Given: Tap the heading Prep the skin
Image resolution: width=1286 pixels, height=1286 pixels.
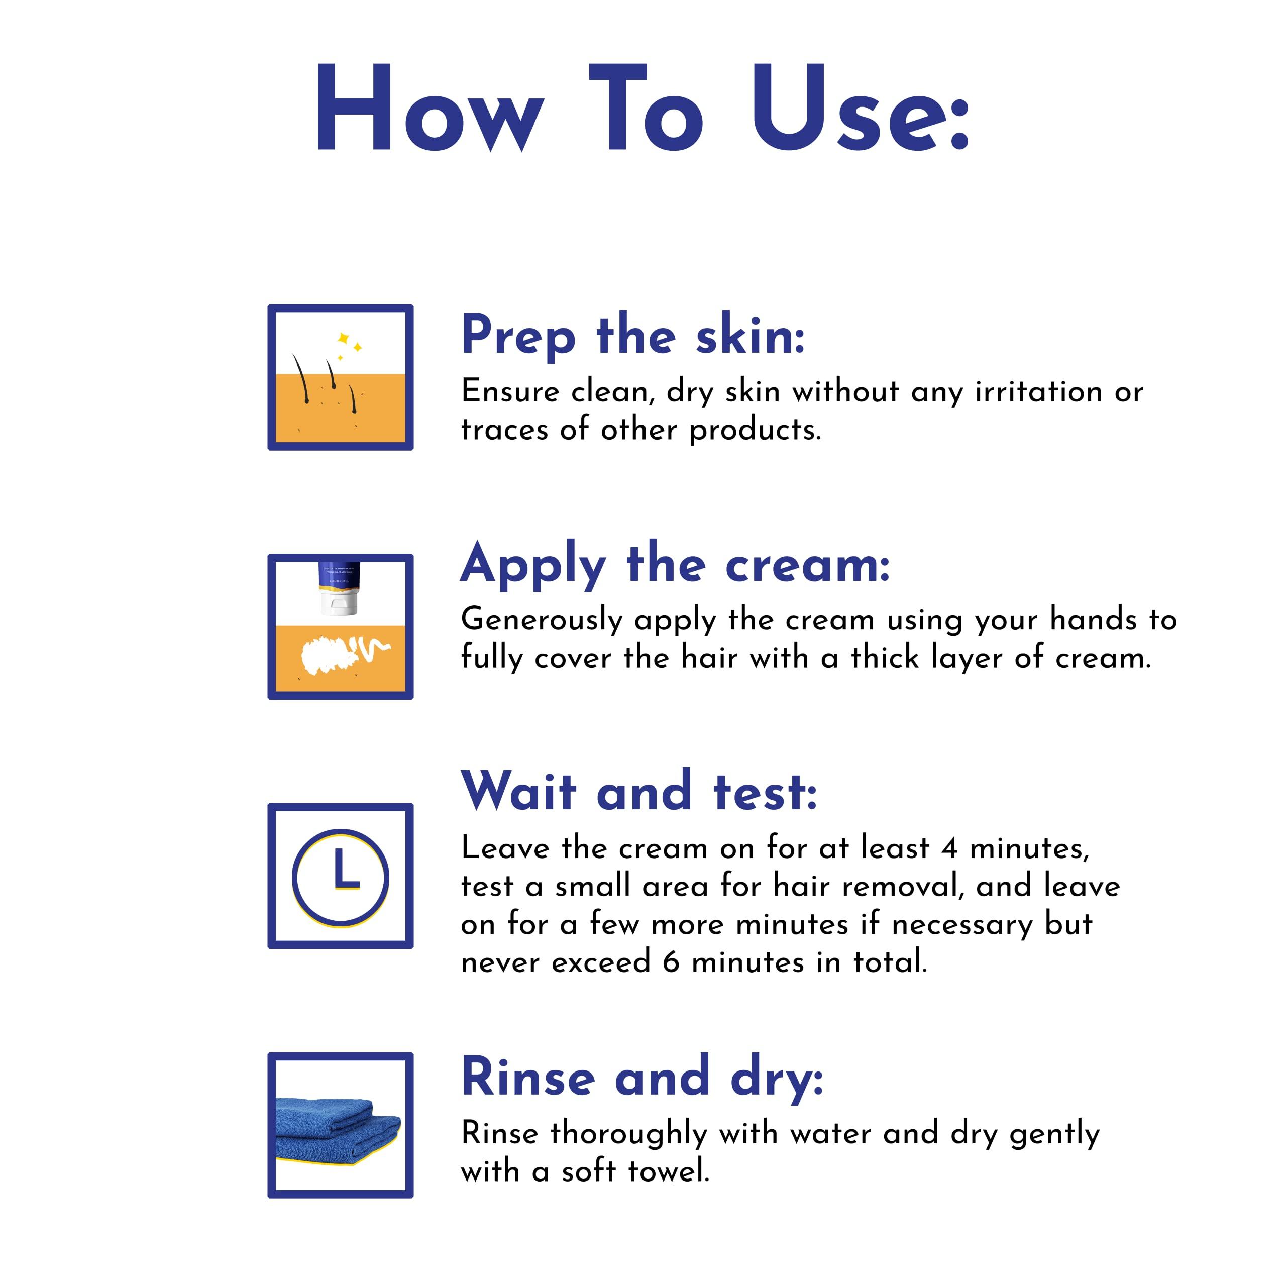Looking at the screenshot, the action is [x=633, y=335].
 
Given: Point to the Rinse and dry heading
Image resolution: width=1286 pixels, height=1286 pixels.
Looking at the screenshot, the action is [x=642, y=1077].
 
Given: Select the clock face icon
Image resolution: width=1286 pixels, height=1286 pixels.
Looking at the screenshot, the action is [x=340, y=877].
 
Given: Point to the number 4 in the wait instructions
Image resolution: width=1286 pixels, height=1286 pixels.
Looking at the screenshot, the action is [x=950, y=848].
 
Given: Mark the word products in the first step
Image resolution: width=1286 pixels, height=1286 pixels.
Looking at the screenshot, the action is [x=755, y=431].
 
